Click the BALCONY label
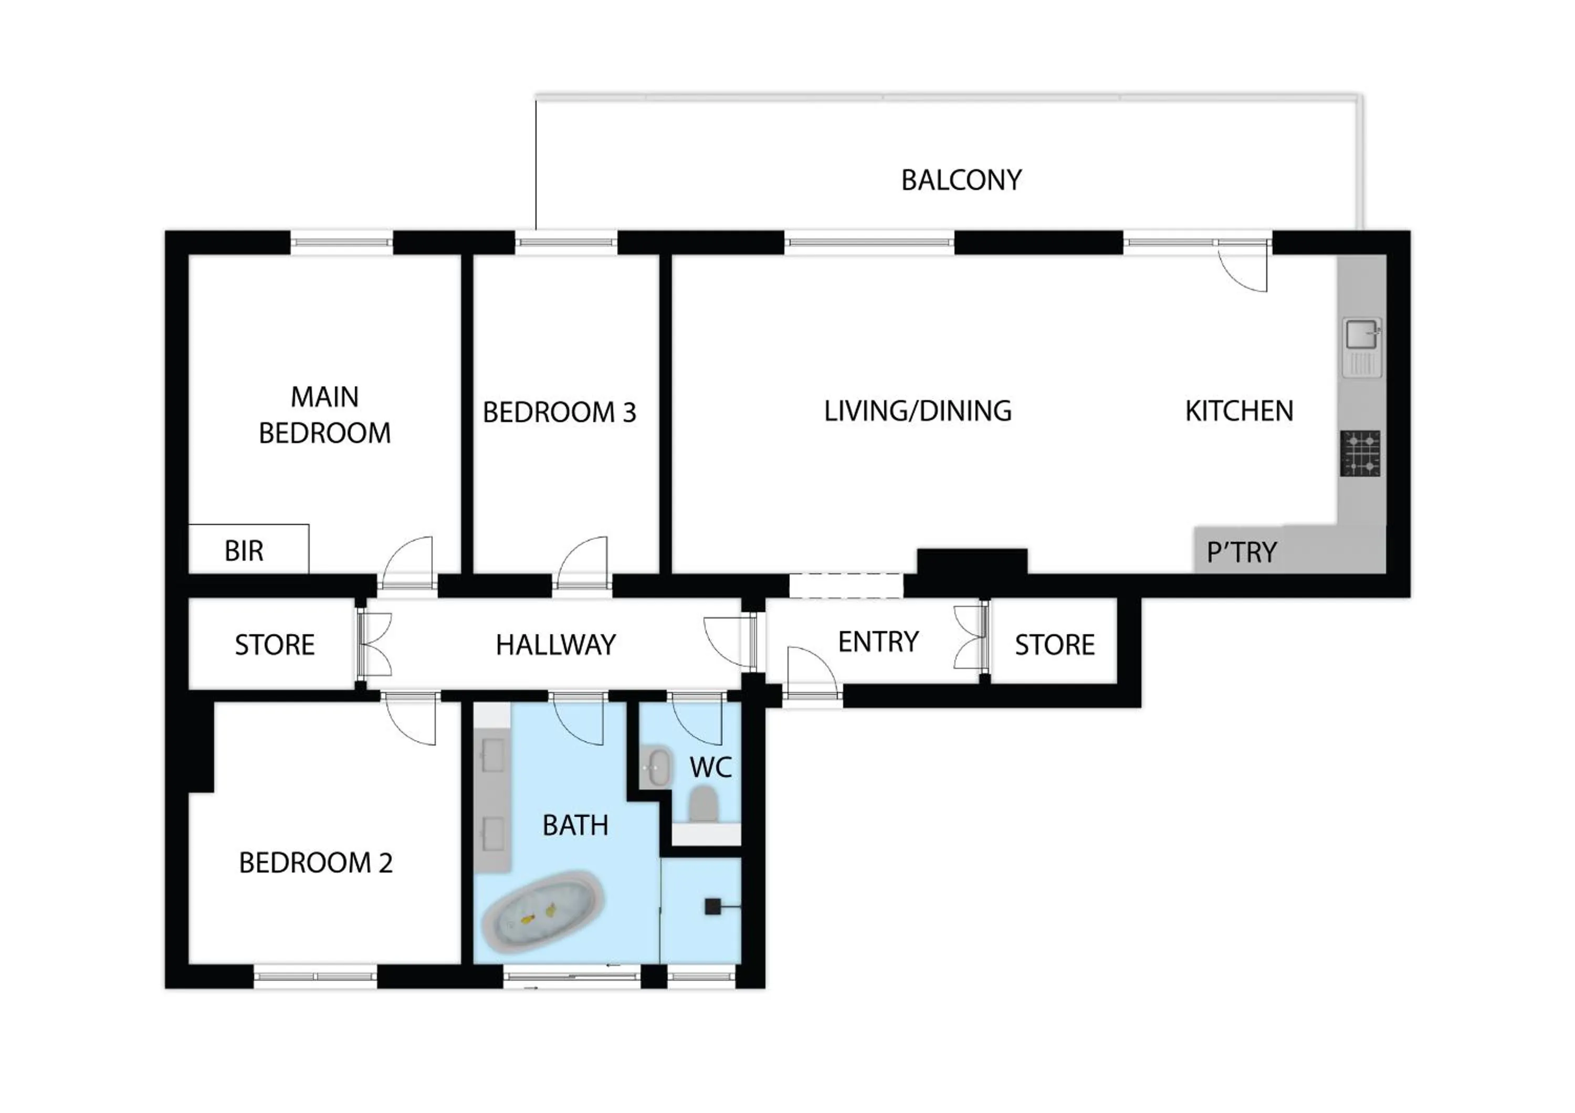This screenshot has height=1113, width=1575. [961, 181]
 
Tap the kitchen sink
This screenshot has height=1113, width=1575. [1362, 336]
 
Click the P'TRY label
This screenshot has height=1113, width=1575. [1242, 552]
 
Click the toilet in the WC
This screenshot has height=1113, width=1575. [702, 803]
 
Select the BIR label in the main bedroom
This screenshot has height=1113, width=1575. [244, 551]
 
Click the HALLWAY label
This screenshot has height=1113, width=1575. [555, 645]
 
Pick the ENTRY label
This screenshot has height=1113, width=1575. [878, 642]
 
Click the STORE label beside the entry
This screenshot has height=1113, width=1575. [1054, 645]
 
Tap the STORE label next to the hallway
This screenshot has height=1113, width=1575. [275, 645]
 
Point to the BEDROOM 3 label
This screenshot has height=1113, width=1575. [559, 412]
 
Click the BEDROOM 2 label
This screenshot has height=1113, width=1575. [316, 863]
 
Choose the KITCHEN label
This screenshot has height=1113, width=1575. [1239, 411]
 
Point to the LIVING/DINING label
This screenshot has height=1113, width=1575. [917, 411]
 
